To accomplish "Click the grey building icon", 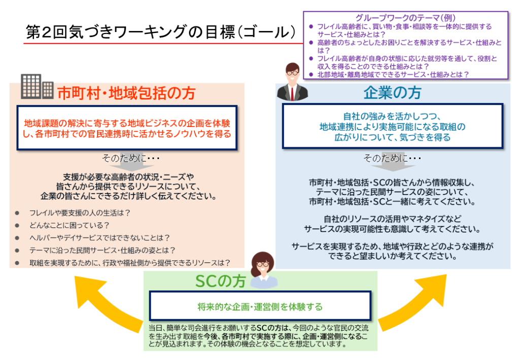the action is (x=37, y=86).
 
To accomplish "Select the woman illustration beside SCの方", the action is (x=264, y=270).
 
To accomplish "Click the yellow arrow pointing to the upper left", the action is (x=106, y=302).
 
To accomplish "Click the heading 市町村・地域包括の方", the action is (x=126, y=93).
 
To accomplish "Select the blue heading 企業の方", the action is (x=393, y=92).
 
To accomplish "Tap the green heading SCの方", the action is (x=220, y=281).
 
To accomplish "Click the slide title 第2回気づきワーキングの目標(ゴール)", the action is (x=161, y=32).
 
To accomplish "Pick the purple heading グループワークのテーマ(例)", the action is (x=405, y=18).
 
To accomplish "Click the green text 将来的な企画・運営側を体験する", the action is (x=260, y=307).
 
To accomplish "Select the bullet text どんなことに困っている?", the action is (x=69, y=225).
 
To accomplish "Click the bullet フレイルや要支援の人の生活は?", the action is (x=80, y=213).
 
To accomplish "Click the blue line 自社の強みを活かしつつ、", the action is (x=392, y=116).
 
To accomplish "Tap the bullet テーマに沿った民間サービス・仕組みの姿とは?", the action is (x=102, y=250).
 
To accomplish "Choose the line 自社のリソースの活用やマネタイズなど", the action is (x=393, y=219).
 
